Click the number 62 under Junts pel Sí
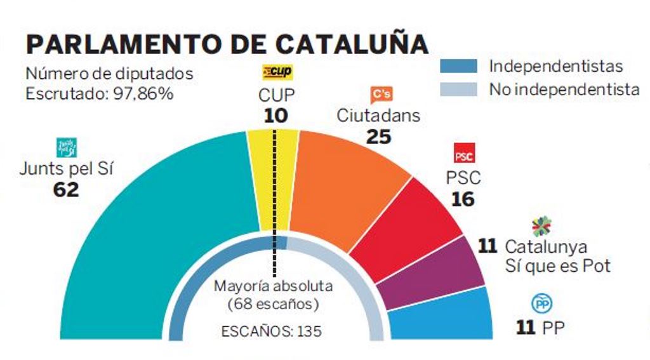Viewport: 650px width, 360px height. (x=66, y=189)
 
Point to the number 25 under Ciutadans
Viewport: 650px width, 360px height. (x=378, y=136)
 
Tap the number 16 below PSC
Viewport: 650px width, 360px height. (x=463, y=199)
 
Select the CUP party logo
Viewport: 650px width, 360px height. (x=277, y=72)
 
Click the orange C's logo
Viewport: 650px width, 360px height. (x=380, y=94)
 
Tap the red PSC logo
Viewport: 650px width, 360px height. (x=464, y=154)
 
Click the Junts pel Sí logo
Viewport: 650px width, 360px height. (x=67, y=147)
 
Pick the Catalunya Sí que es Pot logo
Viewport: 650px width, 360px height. (x=541, y=225)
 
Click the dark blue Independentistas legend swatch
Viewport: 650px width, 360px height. (x=458, y=66)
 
